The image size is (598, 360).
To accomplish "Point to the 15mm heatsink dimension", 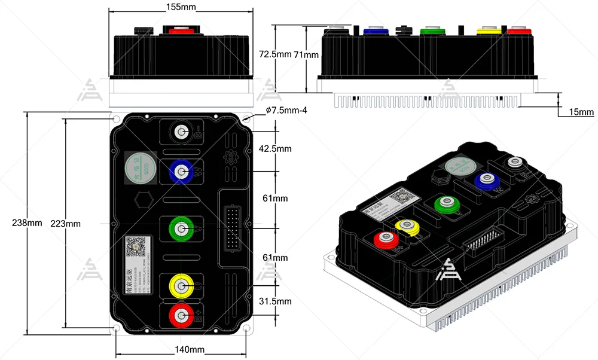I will point(581,112).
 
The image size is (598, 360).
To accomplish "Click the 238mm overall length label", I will point(27,223).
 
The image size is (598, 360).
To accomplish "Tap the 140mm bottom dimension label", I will point(190,349).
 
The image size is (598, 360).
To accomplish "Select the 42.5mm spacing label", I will point(276,148).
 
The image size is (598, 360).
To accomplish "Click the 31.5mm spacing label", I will point(276,301).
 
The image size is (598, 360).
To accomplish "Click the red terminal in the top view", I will point(180,315).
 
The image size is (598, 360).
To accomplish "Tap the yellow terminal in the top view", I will point(180,285).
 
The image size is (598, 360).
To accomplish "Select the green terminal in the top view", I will point(180,228).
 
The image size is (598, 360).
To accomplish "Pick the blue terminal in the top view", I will point(180,170).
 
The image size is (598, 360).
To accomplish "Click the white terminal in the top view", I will point(180,132).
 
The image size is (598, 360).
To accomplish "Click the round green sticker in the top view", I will point(141,170).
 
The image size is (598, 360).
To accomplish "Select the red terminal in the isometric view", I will point(386,240).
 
